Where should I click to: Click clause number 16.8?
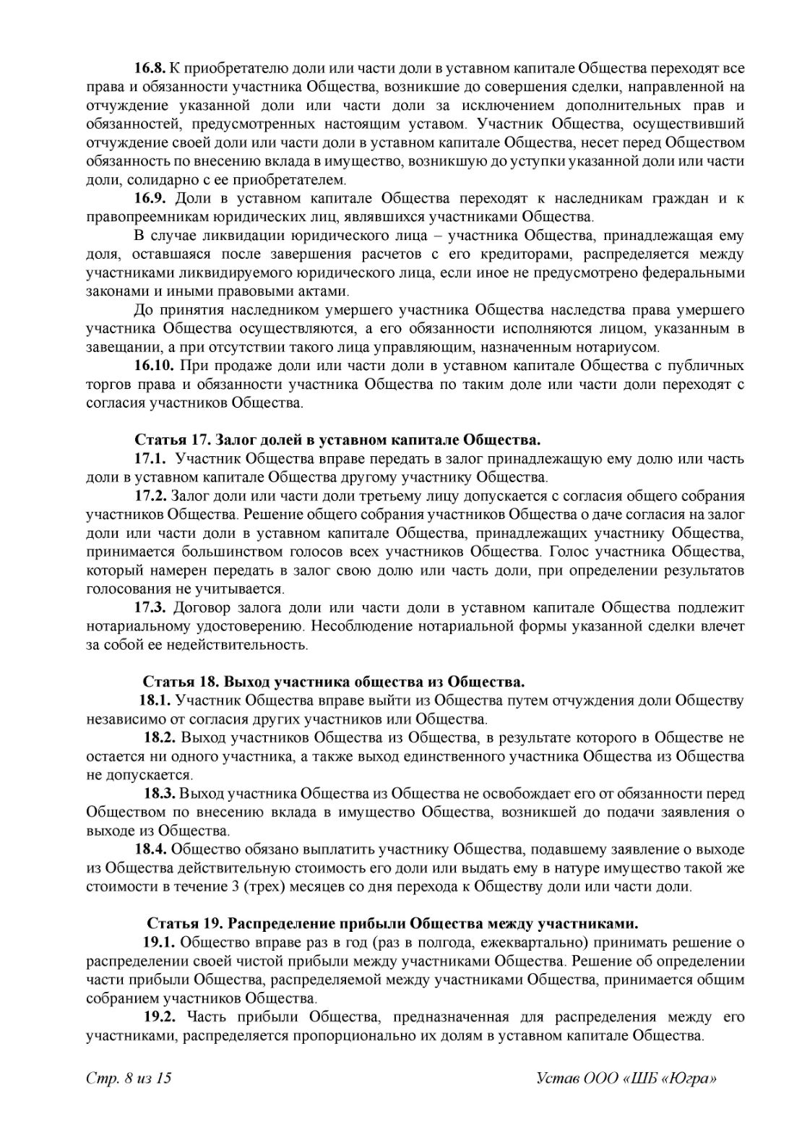(150, 69)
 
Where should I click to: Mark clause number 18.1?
(155, 700)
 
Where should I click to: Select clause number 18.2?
(160, 737)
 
